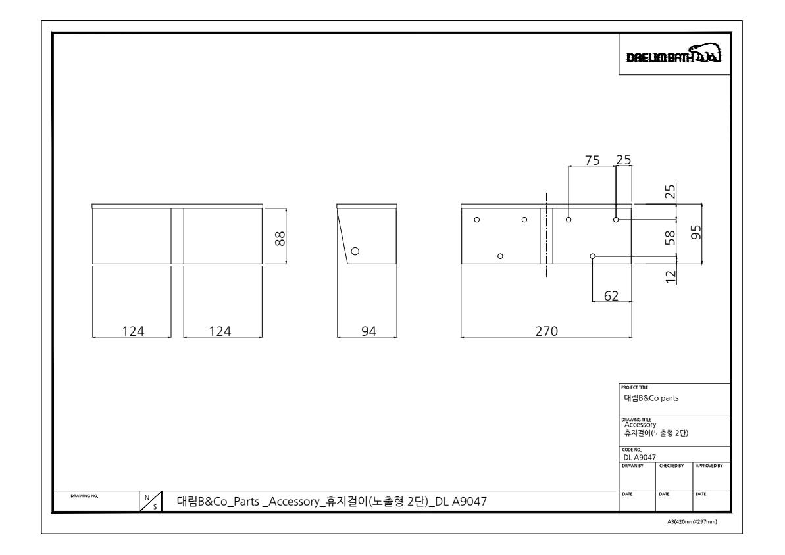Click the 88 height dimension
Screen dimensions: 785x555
click(x=280, y=238)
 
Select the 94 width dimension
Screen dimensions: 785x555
click(x=368, y=331)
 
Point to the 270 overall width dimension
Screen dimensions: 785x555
click(x=546, y=331)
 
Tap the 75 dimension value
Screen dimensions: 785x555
click(x=592, y=160)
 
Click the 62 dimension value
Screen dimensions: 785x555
click(x=611, y=296)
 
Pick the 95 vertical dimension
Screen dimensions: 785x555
click(x=696, y=232)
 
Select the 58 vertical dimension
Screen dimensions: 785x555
click(x=671, y=237)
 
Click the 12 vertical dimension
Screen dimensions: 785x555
click(x=671, y=276)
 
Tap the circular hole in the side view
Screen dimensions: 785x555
click(x=355, y=251)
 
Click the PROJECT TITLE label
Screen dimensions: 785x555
click(x=634, y=387)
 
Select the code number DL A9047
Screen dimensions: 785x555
click(x=640, y=458)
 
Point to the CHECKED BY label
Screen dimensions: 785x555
click(x=671, y=466)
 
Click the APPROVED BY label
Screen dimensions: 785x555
click(x=709, y=466)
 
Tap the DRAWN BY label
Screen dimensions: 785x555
click(x=633, y=466)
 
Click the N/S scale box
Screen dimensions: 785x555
click(x=151, y=502)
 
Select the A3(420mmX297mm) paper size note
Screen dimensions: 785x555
click(x=692, y=522)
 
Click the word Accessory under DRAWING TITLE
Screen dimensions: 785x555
click(x=640, y=425)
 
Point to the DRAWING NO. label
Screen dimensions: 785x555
click(x=85, y=496)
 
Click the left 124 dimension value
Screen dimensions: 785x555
click(x=133, y=331)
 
